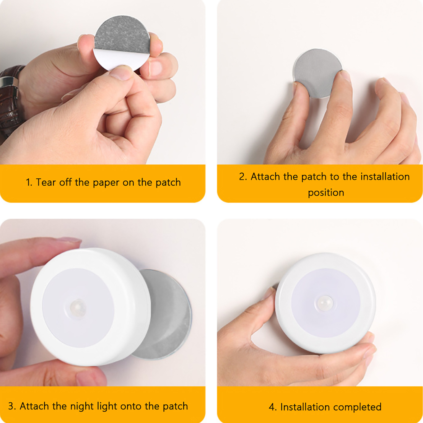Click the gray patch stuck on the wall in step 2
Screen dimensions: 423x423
(x=317, y=73)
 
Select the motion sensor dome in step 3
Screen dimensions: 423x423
(x=78, y=308)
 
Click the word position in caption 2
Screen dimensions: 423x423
(x=326, y=193)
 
